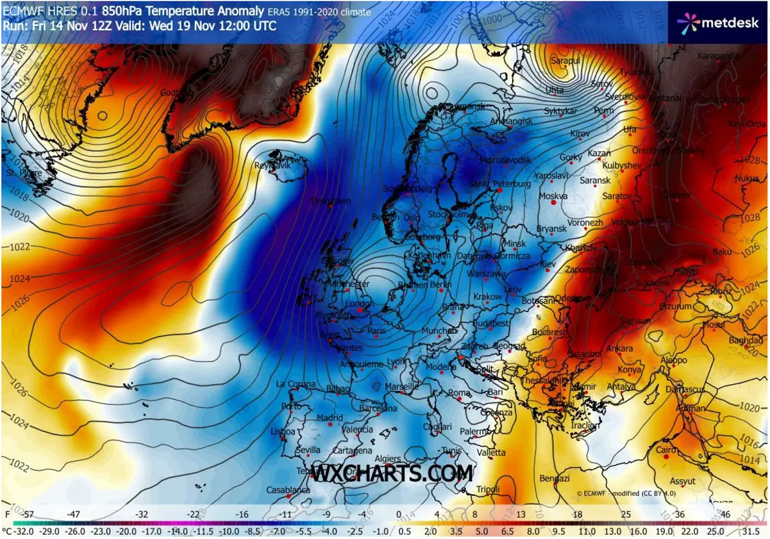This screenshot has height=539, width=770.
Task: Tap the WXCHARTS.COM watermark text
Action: [392, 474]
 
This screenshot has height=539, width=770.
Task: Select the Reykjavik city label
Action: [273, 165]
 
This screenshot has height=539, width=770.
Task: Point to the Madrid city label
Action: [330, 418]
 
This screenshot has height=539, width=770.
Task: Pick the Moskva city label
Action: [554, 196]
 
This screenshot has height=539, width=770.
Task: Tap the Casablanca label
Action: [288, 490]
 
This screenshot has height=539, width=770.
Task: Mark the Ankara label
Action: [619, 349]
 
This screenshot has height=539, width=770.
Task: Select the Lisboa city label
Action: [283, 431]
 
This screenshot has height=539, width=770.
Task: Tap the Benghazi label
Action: [555, 479]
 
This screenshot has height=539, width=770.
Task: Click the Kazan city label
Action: [599, 154]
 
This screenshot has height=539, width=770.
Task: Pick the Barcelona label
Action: [378, 408]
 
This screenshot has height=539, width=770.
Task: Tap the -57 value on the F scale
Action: [28, 515]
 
